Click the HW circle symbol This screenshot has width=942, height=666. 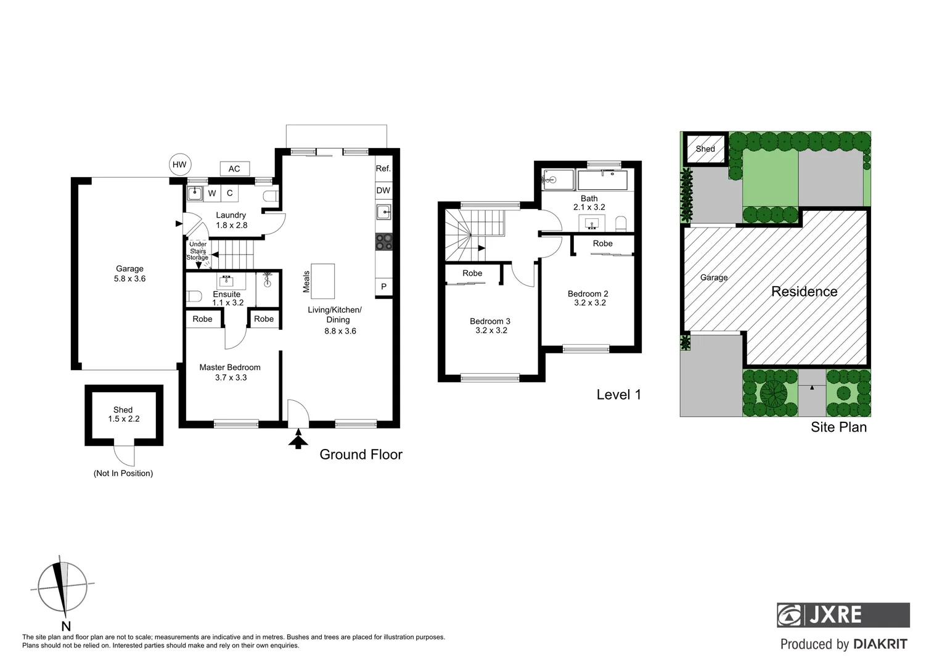pyautogui.click(x=179, y=165)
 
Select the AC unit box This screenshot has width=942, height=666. pyautogui.click(x=234, y=169)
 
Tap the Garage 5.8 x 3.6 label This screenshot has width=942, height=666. pyautogui.click(x=129, y=274)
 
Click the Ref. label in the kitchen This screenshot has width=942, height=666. pyautogui.click(x=383, y=168)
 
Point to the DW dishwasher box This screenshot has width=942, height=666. pyautogui.click(x=383, y=191)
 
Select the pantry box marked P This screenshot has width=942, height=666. pyautogui.click(x=383, y=287)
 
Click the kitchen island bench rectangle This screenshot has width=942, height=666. pyautogui.click(x=323, y=281)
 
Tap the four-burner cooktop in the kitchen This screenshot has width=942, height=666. pyautogui.click(x=383, y=242)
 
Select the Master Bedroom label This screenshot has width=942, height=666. pyautogui.click(x=230, y=372)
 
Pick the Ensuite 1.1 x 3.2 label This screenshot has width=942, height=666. pyautogui.click(x=227, y=298)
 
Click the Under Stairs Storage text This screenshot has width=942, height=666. pyautogui.click(x=198, y=251)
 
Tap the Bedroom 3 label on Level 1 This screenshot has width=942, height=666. pyautogui.click(x=491, y=326)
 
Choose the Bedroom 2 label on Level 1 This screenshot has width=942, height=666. pyautogui.click(x=589, y=298)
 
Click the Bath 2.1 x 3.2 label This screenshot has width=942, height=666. pyautogui.click(x=589, y=203)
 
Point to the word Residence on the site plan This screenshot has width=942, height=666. pyautogui.click(x=804, y=292)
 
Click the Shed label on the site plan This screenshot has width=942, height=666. pyautogui.click(x=705, y=149)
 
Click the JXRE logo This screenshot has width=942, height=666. pyautogui.click(x=843, y=615)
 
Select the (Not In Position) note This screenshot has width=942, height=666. pyautogui.click(x=123, y=474)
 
